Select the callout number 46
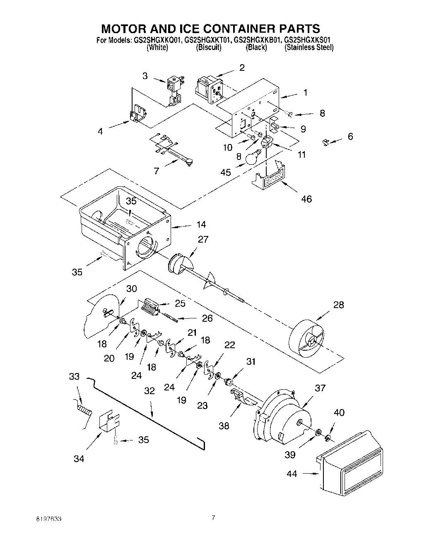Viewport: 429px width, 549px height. [306, 199]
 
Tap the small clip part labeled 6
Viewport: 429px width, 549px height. [325, 142]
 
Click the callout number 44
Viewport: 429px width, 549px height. [292, 474]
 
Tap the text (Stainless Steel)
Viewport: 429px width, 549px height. [309, 47]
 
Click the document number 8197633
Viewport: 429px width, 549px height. [49, 518]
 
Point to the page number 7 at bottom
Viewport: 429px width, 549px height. [213, 517]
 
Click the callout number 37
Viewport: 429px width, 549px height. [320, 388]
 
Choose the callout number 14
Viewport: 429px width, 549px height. [201, 224]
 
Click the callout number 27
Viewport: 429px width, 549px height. [203, 239]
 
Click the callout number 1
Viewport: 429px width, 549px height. [305, 93]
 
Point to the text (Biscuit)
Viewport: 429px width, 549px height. [209, 47]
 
